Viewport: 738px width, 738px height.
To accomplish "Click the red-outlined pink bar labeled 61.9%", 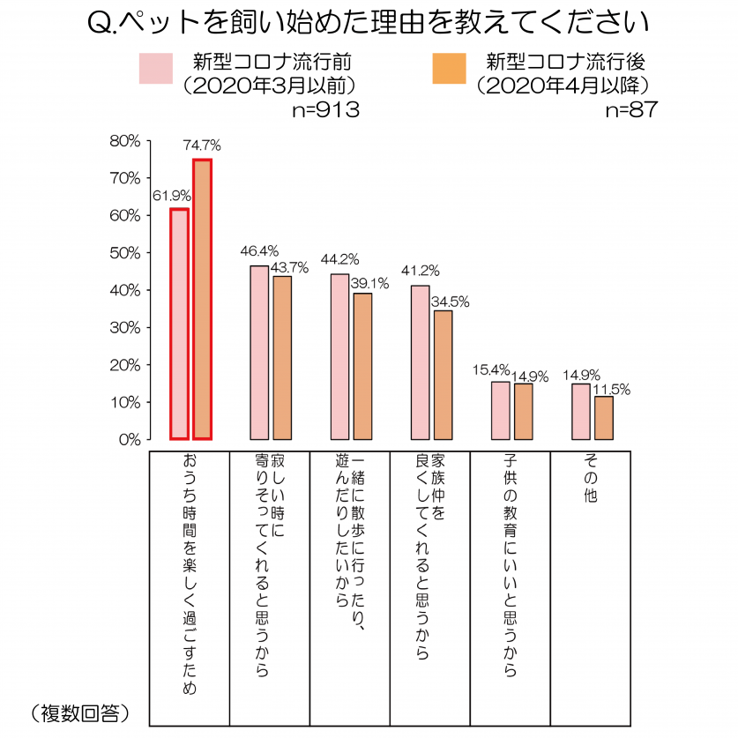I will [179, 324].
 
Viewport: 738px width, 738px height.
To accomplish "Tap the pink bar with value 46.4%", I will [259, 353].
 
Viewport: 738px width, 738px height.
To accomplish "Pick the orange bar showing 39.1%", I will [362, 366].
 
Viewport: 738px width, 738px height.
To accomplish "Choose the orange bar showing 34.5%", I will [443, 375].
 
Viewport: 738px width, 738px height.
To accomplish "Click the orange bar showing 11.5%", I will [604, 418].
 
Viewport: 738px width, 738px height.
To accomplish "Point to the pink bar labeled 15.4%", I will [501, 410].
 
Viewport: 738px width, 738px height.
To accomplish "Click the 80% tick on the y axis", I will [124, 141].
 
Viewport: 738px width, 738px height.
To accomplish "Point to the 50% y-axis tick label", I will [124, 253].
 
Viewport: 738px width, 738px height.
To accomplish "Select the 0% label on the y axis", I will [129, 439].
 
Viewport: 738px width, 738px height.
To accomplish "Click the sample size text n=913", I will [325, 110].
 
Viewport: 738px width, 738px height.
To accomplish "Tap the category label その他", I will [590, 481].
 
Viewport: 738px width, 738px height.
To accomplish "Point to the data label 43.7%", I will [290, 268].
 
